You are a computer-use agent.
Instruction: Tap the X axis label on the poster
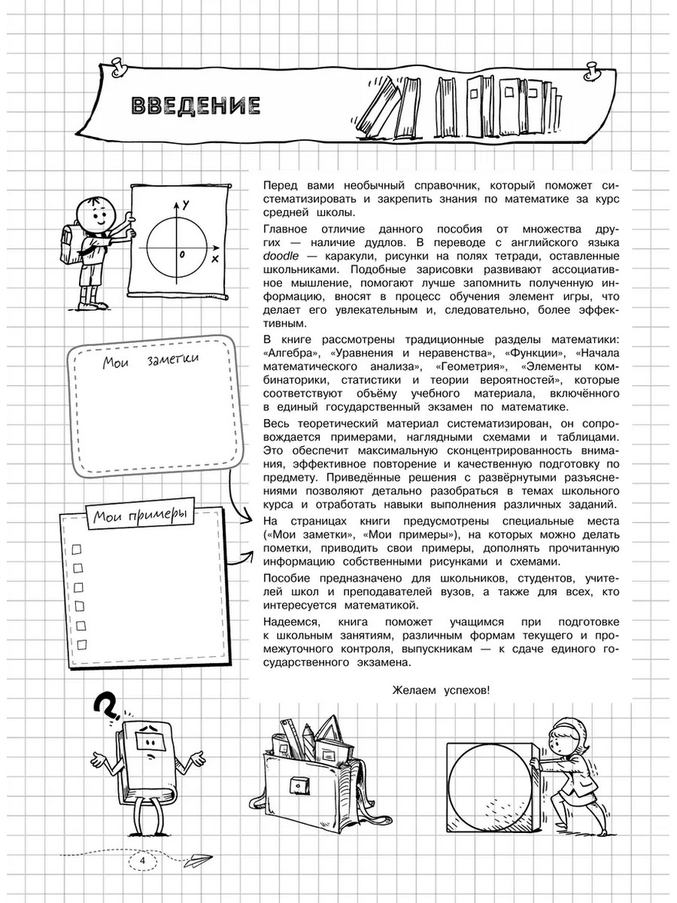tap(215, 259)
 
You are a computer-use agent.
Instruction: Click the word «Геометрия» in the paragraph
tap(472, 366)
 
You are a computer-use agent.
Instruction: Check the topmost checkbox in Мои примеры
tap(75, 549)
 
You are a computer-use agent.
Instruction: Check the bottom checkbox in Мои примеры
tap(80, 643)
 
